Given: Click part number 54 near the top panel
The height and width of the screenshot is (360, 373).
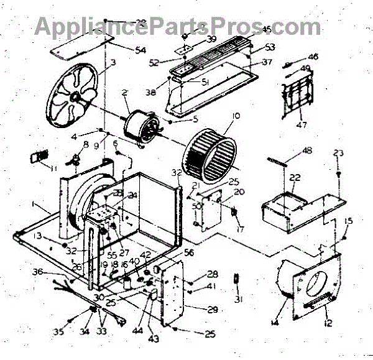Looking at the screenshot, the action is [140, 49].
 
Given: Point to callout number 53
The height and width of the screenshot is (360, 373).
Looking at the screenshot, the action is [270, 47].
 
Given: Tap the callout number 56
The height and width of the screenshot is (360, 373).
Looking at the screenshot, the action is [188, 252].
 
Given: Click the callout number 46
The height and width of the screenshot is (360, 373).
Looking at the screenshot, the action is [313, 57].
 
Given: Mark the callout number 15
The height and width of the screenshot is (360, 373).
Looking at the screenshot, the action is [349, 222].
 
